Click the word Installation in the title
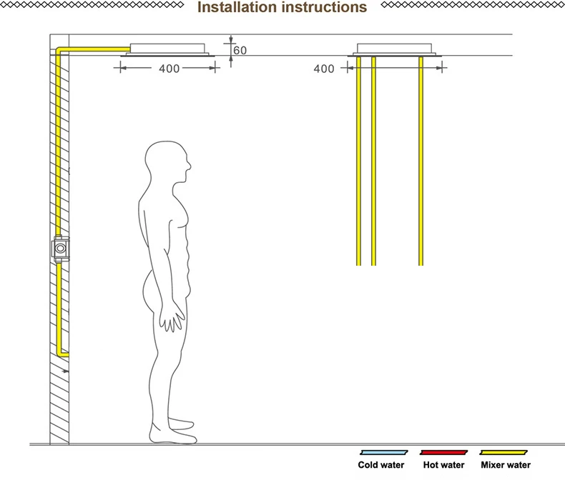pyautogui.click(x=237, y=7)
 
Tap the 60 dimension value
pyautogui.click(x=240, y=51)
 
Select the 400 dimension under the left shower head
pyautogui.click(x=169, y=69)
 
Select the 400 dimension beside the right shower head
pyautogui.click(x=323, y=69)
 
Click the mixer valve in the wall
pyautogui.click(x=60, y=249)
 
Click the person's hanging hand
pyautogui.click(x=172, y=318)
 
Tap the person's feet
pyautogui.click(x=174, y=431)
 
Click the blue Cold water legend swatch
pyautogui.click(x=384, y=452)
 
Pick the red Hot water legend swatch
pyautogui.click(x=443, y=452)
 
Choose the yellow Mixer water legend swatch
pyautogui.click(x=503, y=452)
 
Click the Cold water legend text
pyautogui.click(x=381, y=465)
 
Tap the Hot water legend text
pyautogui.click(x=443, y=465)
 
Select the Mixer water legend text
pyautogui.click(x=506, y=465)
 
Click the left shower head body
pyautogui.click(x=167, y=50)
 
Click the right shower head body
pyautogui.click(x=395, y=50)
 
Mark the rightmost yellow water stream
pyautogui.click(x=421, y=161)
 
